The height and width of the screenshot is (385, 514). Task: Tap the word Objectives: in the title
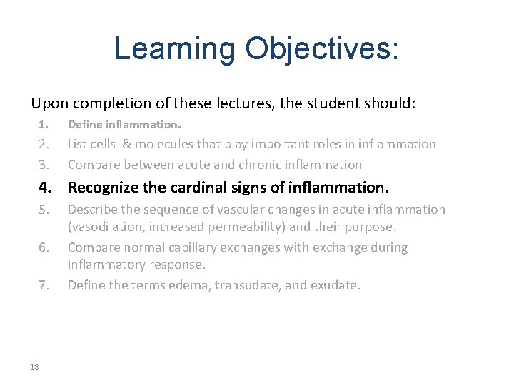322,48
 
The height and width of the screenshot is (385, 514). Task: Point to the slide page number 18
35,366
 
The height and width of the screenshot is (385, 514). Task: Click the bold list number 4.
44,188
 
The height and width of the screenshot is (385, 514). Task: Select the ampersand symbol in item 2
126,144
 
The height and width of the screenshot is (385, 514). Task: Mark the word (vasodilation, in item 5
107,227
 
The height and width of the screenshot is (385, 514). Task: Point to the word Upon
49,104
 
